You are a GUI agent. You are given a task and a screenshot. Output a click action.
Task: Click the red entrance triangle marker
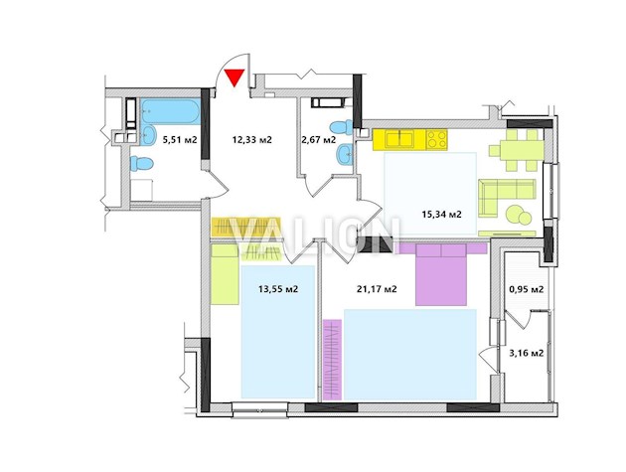point(234,78)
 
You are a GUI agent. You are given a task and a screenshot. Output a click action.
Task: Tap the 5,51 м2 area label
point(180,140)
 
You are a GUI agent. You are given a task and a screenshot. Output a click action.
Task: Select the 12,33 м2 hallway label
point(252,140)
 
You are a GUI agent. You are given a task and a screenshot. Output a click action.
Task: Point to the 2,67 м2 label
point(318,140)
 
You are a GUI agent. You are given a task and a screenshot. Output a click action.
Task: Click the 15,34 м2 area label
point(441,215)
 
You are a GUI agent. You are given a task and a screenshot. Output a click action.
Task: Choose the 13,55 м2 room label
point(278,289)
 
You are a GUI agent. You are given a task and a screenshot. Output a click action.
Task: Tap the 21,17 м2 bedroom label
point(377,289)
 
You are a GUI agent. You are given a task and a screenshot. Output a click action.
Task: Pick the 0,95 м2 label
point(527,289)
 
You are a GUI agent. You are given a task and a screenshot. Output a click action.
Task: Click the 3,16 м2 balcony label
point(527,353)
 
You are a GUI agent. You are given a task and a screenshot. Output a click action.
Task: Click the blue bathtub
point(171,112)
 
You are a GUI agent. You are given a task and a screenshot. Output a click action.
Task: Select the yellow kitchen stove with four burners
point(436,140)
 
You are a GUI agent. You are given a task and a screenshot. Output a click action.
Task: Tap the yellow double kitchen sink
point(399,140)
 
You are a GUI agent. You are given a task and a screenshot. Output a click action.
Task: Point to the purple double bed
point(441,274)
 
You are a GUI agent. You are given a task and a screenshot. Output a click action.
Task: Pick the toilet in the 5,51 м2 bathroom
point(142,164)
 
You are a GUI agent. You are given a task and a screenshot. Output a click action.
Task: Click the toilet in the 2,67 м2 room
point(341,128)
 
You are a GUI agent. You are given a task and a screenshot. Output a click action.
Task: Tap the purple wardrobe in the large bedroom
point(332,360)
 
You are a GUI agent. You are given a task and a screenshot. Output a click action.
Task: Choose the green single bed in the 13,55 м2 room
point(225,274)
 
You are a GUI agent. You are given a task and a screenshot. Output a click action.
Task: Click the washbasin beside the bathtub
point(148,136)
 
